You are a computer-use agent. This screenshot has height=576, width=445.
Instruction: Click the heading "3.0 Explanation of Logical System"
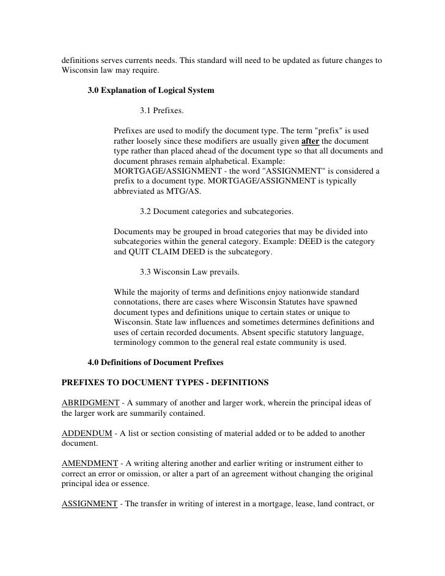pyautogui.click(x=151, y=91)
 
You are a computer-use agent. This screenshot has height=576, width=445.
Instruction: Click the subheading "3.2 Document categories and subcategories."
pyautogui.click(x=216, y=212)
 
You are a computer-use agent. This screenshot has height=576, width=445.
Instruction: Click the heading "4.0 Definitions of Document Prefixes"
pyautogui.click(x=156, y=362)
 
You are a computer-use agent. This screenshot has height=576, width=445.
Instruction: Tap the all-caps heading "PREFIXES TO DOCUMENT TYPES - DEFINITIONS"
pyautogui.click(x=165, y=382)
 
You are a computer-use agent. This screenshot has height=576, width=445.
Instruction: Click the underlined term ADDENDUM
pyautogui.click(x=87, y=433)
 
